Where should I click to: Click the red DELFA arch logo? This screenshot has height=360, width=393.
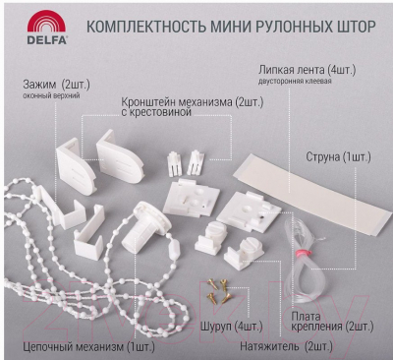(46, 22)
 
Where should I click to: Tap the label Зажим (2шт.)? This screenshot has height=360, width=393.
(56, 85)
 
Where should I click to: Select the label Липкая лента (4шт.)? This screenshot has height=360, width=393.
(307, 70)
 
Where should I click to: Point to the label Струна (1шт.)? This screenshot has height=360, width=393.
(338, 157)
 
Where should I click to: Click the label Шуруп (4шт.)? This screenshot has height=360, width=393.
(231, 327)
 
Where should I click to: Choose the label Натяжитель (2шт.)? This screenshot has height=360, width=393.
(286, 346)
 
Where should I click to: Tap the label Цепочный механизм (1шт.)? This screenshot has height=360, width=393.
(88, 346)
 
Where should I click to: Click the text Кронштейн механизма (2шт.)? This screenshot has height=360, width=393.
(193, 102)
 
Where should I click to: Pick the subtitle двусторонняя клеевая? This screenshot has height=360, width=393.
(295, 81)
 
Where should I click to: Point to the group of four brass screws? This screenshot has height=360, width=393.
(219, 291)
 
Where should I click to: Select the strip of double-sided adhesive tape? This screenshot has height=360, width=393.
(312, 194)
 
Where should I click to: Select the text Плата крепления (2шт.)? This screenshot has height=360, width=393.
(332, 322)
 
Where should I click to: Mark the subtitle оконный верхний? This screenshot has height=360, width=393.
(51, 96)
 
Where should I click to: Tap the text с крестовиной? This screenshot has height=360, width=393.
(156, 112)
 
